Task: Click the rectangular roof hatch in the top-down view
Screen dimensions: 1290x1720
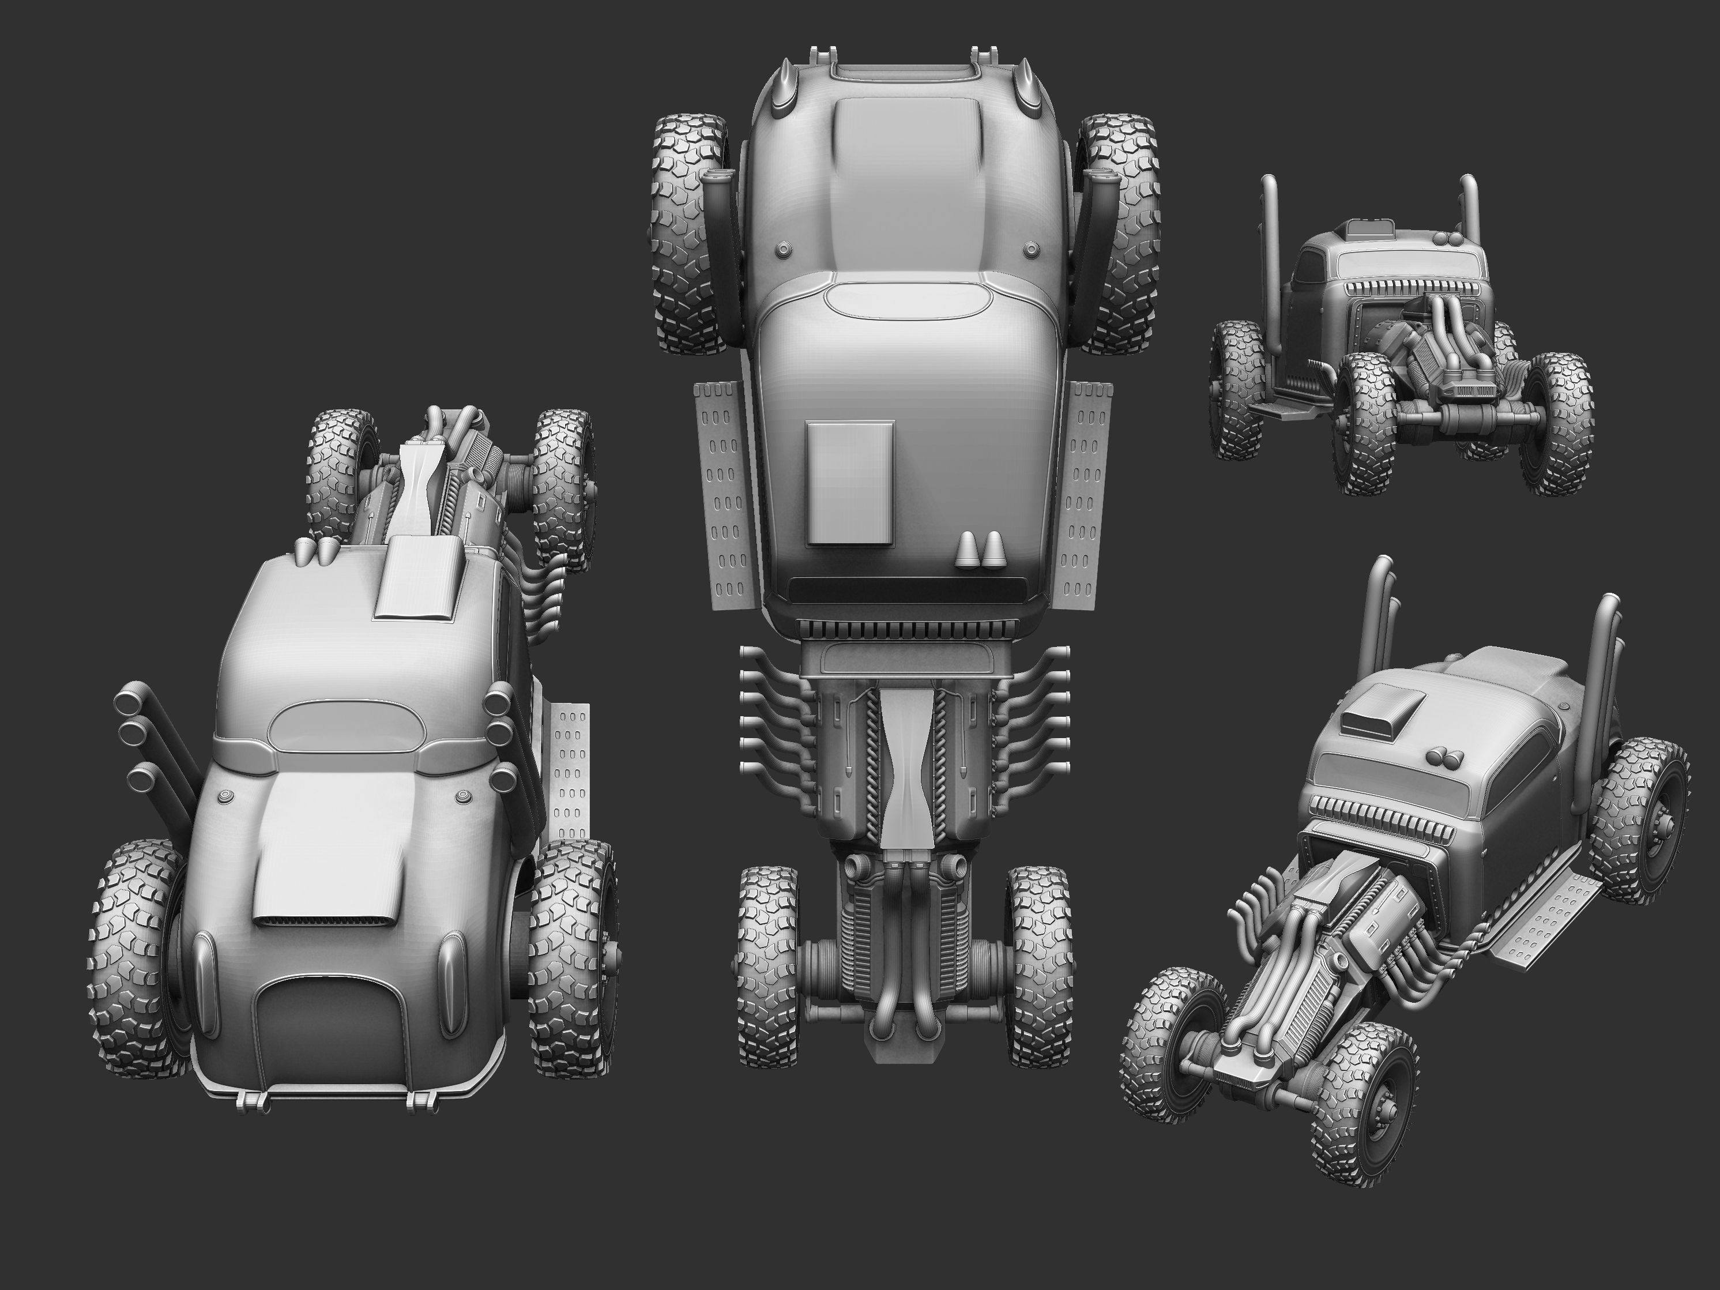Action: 850,482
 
